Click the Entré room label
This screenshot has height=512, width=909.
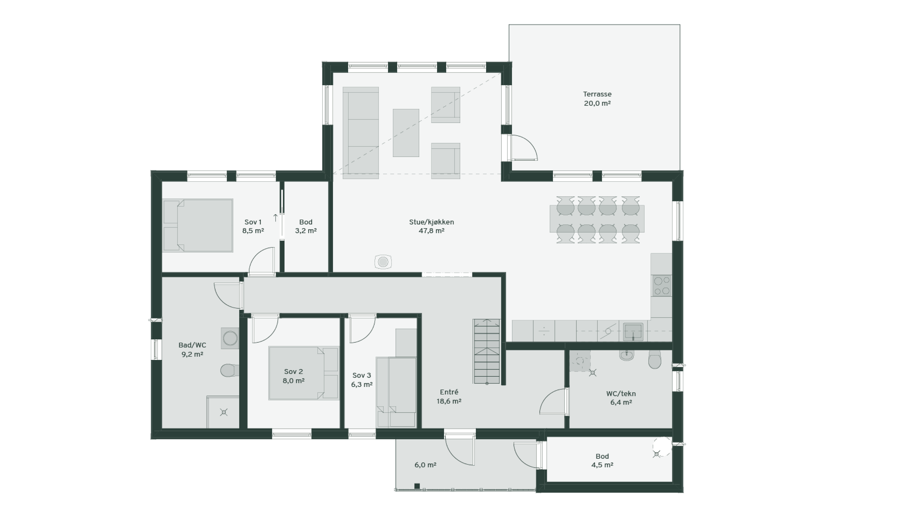coord(449,392)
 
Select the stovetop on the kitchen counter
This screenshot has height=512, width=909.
coord(662,286)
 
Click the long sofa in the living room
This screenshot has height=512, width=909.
coord(361,133)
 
